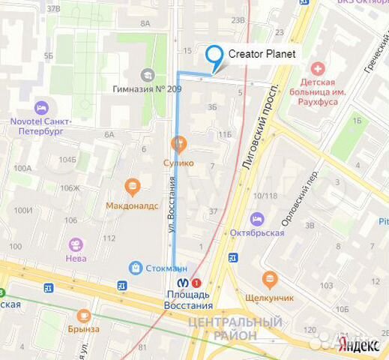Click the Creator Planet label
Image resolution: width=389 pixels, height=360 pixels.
tap(262, 54)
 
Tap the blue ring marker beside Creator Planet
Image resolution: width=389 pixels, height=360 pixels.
tap(214, 55)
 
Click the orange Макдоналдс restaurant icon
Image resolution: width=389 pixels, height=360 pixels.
tap(133, 185)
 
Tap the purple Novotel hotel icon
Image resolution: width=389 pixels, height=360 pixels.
tap(41, 106)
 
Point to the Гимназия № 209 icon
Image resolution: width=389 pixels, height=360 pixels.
tap(148, 75)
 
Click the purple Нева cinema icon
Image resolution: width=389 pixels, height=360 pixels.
tap(75, 244)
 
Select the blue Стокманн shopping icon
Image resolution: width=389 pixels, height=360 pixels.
tap(136, 267)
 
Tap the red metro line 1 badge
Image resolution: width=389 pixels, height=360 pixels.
tap(196, 283)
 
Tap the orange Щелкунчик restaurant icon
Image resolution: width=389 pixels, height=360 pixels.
tap(271, 280)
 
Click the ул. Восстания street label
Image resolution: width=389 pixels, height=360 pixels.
tap(172, 202)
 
